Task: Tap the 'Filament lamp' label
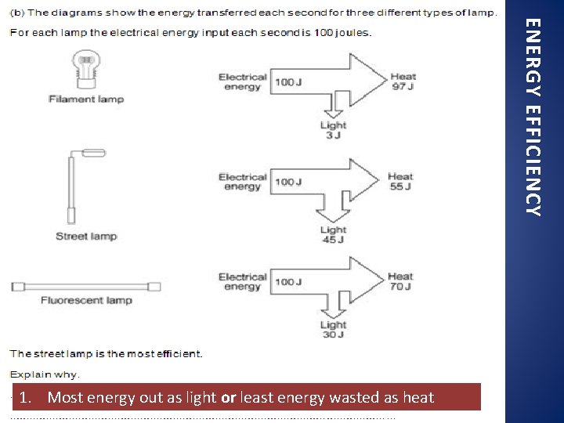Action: pyautogui.click(x=86, y=99)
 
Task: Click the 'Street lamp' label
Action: pyautogui.click(x=86, y=237)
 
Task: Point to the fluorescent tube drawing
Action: pyautogui.click(x=86, y=287)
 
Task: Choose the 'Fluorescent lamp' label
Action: pyautogui.click(x=86, y=301)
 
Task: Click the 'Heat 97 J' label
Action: pyautogui.click(x=403, y=81)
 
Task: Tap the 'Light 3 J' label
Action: pyautogui.click(x=333, y=130)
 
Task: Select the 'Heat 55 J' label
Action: pyautogui.click(x=400, y=182)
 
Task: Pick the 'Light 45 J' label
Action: pyautogui.click(x=333, y=235)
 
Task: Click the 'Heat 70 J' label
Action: pyautogui.click(x=400, y=281)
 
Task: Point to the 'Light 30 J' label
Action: pyautogui.click(x=333, y=330)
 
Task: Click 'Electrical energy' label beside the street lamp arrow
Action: pyautogui.click(x=242, y=182)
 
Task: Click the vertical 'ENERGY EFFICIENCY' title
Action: pyautogui.click(x=533, y=117)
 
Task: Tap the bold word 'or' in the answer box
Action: pyautogui.click(x=229, y=398)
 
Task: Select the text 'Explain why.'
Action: pyautogui.click(x=45, y=374)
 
